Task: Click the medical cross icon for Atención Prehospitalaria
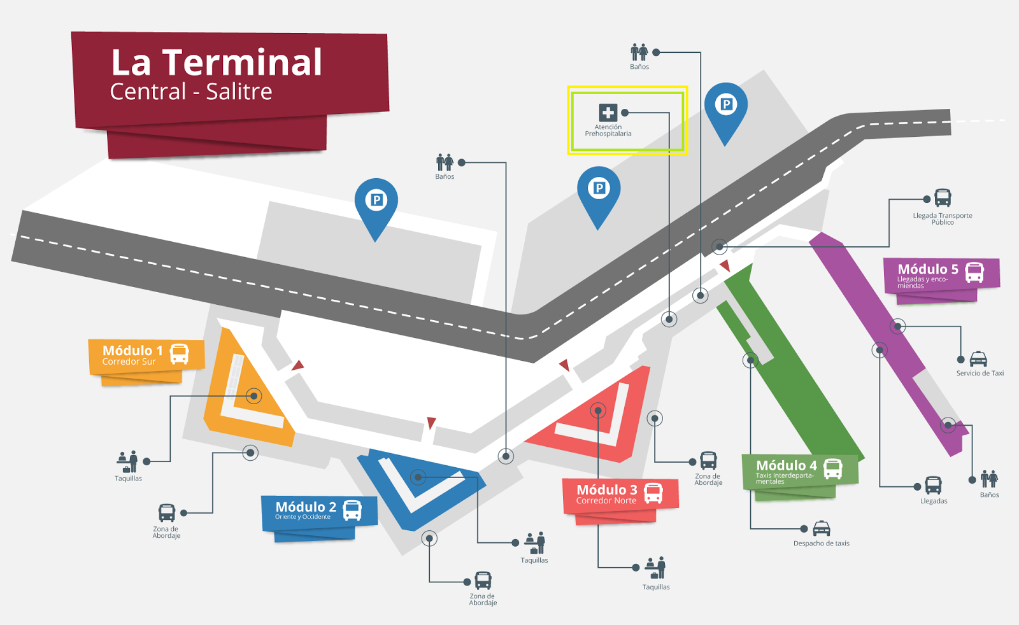click(x=608, y=113)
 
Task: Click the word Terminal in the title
click(x=242, y=62)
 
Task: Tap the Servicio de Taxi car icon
click(x=978, y=359)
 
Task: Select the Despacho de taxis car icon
click(x=822, y=528)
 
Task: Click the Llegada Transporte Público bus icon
click(x=943, y=198)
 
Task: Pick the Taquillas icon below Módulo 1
click(x=128, y=461)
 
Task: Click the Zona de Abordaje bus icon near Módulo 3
click(x=708, y=460)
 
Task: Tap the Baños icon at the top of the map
click(x=639, y=52)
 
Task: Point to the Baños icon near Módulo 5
click(x=989, y=479)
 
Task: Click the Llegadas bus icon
click(x=933, y=485)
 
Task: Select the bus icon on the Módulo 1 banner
click(x=180, y=354)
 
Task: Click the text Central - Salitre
click(x=191, y=92)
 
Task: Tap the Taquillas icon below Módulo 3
click(x=655, y=568)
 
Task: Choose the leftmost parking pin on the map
click(x=376, y=202)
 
